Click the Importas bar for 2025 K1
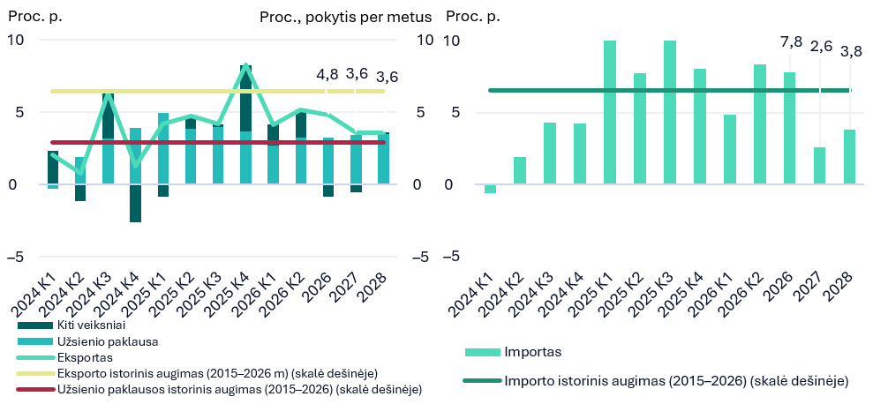point(610,112)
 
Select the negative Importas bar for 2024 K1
point(490,189)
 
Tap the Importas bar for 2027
point(819,166)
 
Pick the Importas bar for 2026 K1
point(730,149)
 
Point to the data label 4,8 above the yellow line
point(327,75)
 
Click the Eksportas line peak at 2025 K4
point(245,65)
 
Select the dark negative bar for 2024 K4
point(135,203)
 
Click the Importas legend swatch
point(482,352)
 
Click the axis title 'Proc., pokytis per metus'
point(346,18)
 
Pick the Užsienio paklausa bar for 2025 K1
point(163,148)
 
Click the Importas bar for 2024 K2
point(519,171)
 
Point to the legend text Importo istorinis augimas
point(676,381)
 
